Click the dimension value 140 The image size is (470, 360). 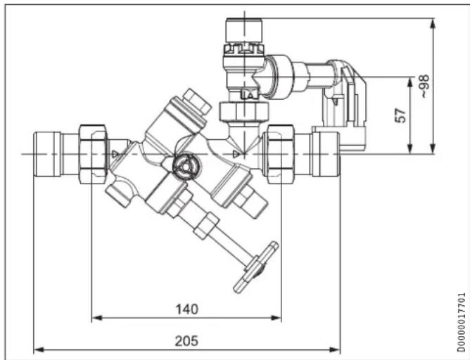[x=186, y=309]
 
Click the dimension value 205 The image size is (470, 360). [x=186, y=341]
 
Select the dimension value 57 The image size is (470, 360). [x=400, y=115]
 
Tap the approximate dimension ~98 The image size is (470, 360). [x=424, y=86]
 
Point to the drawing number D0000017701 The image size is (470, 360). [x=462, y=323]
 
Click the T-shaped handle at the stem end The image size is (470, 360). [x=255, y=267]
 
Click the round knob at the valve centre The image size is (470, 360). [x=184, y=167]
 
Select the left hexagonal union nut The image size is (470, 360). [x=93, y=154]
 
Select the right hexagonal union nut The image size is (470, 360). [x=280, y=154]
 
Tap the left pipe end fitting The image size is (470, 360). [x=47, y=154]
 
